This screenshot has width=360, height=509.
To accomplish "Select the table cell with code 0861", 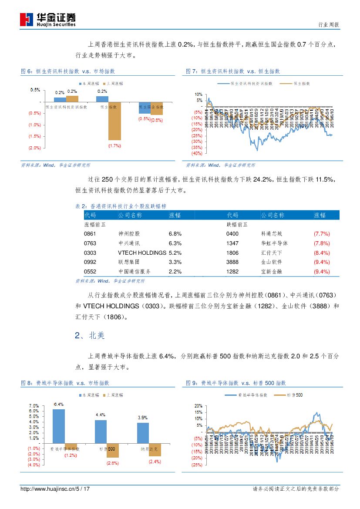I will pyautogui.click(x=90, y=234).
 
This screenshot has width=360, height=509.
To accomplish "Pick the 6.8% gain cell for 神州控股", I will pyautogui.click(x=175, y=234).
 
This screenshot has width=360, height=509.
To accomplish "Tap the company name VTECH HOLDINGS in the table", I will pyautogui.click(x=142, y=253).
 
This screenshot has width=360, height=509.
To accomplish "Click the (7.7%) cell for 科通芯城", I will pyautogui.click(x=321, y=234).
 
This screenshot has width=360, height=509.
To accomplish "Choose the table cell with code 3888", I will pyautogui.click(x=232, y=262).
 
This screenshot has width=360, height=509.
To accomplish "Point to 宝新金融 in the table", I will pyautogui.click(x=271, y=272).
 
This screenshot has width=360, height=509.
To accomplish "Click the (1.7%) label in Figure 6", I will pyautogui.click(x=114, y=145).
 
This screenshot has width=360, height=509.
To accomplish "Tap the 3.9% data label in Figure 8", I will pyautogui.click(x=142, y=418).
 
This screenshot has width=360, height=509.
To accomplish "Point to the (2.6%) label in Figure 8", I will pyautogui.click(x=112, y=463).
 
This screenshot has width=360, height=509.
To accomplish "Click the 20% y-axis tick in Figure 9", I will pyautogui.click(x=199, y=405).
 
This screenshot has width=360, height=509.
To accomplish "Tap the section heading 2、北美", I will pyautogui.click(x=90, y=336).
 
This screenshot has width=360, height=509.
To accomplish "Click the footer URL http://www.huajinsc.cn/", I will pyautogui.click(x=48, y=489).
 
